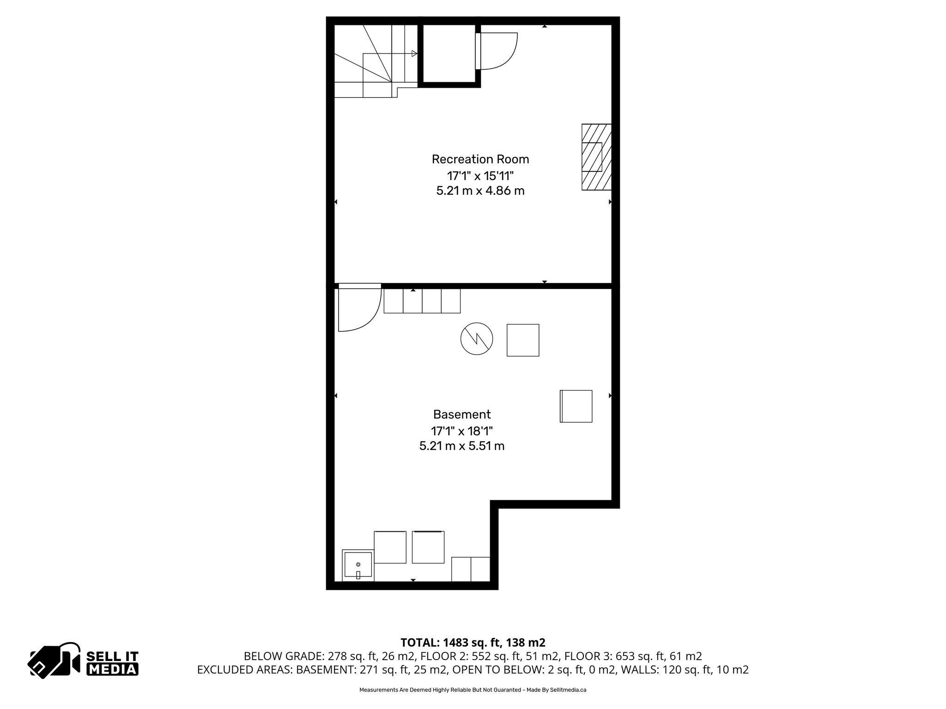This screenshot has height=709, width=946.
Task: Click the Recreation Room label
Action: click(480, 159)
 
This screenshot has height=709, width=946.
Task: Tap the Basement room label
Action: click(461, 414)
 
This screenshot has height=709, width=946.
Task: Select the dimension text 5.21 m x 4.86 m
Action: click(480, 191)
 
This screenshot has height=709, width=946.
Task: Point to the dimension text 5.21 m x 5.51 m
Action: click(461, 446)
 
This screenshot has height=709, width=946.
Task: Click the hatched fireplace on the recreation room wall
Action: click(596, 157)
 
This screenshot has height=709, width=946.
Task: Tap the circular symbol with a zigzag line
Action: click(477, 339)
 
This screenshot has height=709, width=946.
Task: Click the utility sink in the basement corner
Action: click(358, 565)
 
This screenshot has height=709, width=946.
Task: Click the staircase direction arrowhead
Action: click(414, 54)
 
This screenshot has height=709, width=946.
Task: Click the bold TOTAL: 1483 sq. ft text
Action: click(473, 643)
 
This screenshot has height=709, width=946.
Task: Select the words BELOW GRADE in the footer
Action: click(284, 656)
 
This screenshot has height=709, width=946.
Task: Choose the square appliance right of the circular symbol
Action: click(523, 340)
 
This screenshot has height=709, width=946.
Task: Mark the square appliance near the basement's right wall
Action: click(576, 406)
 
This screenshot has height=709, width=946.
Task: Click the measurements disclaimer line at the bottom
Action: click(473, 690)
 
